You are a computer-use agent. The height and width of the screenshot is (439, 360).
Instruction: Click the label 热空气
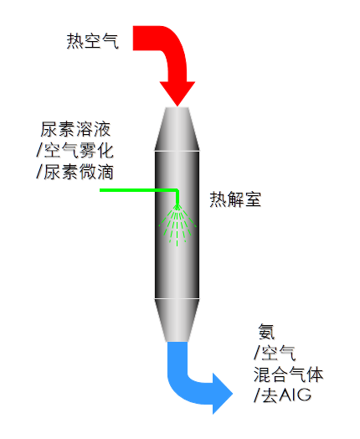(x=93, y=41)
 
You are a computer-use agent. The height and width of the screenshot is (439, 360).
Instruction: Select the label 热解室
(x=235, y=199)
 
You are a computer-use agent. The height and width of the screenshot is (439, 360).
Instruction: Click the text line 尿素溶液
(x=75, y=129)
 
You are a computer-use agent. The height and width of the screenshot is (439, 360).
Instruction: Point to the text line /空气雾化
(x=75, y=150)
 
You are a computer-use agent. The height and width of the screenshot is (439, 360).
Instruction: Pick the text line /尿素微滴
(x=75, y=172)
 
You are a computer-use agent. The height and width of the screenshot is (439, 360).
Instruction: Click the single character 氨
(x=266, y=332)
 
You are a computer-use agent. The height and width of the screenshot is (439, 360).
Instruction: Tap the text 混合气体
(x=288, y=374)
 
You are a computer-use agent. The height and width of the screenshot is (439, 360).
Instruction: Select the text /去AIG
(x=282, y=395)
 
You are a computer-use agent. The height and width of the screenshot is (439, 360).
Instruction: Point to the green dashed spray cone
(x=177, y=225)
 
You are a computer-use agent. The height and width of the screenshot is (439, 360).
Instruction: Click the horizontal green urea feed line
(x=138, y=190)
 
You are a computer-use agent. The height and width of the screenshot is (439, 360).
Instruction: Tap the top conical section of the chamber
(x=177, y=129)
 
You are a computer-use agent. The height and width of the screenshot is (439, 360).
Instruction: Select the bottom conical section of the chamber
(x=177, y=320)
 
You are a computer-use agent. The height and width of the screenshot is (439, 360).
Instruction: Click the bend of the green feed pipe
(x=177, y=191)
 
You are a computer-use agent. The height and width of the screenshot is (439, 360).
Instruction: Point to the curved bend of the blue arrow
(x=182, y=385)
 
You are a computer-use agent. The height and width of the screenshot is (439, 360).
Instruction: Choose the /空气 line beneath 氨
(x=275, y=354)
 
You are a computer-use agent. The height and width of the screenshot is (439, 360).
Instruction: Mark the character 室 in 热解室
(x=253, y=199)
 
